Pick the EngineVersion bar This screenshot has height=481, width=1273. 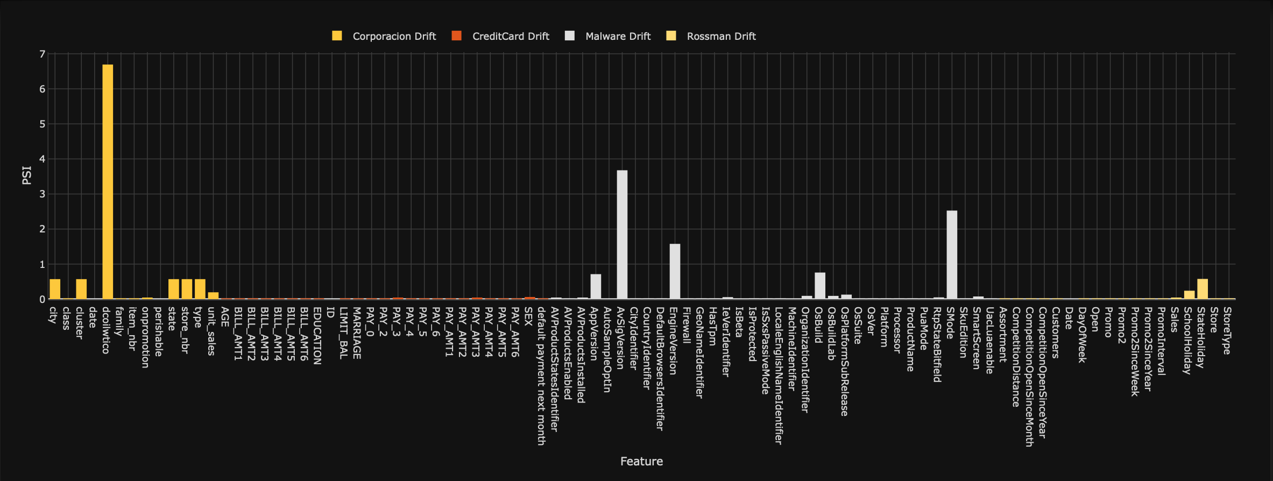click(675, 271)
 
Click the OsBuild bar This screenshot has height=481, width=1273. click(820, 286)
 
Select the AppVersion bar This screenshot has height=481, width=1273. click(596, 286)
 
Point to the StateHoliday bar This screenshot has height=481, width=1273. click(1203, 289)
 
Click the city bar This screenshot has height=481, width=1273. click(55, 289)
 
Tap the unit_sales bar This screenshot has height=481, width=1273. click(213, 295)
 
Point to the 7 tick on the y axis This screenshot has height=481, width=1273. click(42, 54)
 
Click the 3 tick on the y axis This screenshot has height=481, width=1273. click(42, 194)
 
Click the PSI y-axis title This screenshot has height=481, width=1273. click(27, 175)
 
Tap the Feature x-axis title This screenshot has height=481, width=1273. click(641, 461)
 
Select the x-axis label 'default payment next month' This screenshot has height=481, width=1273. click(541, 376)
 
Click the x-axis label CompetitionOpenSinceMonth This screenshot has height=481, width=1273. click(1029, 377)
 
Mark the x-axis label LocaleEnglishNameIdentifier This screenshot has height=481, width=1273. click(778, 376)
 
